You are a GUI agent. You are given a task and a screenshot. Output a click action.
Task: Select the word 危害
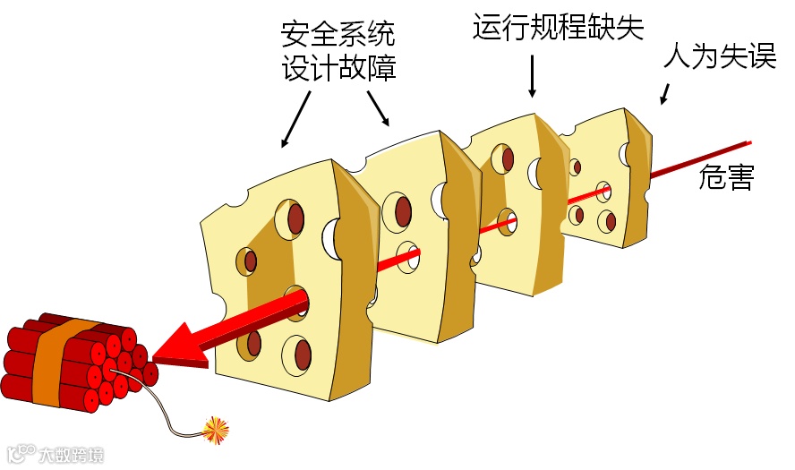tap(726, 178)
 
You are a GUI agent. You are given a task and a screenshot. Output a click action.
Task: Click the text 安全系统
tap(338, 35)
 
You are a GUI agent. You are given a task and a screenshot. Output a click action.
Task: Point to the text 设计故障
tap(338, 69)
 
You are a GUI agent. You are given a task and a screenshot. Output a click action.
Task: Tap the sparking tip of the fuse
tap(215, 431)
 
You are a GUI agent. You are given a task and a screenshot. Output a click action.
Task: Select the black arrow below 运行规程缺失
tap(532, 76)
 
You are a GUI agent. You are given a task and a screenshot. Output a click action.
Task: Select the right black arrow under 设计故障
tap(379, 109)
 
